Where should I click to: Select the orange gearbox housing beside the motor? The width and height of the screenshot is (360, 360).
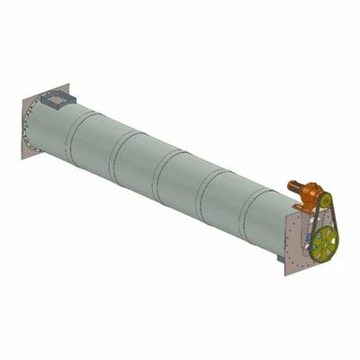click(x=311, y=194)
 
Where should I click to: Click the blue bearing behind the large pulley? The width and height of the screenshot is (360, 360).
click(x=308, y=239)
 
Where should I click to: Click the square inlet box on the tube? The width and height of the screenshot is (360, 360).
click(x=58, y=96)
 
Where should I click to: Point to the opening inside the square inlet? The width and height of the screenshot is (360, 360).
click(x=58, y=94)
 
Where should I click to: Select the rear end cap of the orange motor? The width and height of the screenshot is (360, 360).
click(x=290, y=185)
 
